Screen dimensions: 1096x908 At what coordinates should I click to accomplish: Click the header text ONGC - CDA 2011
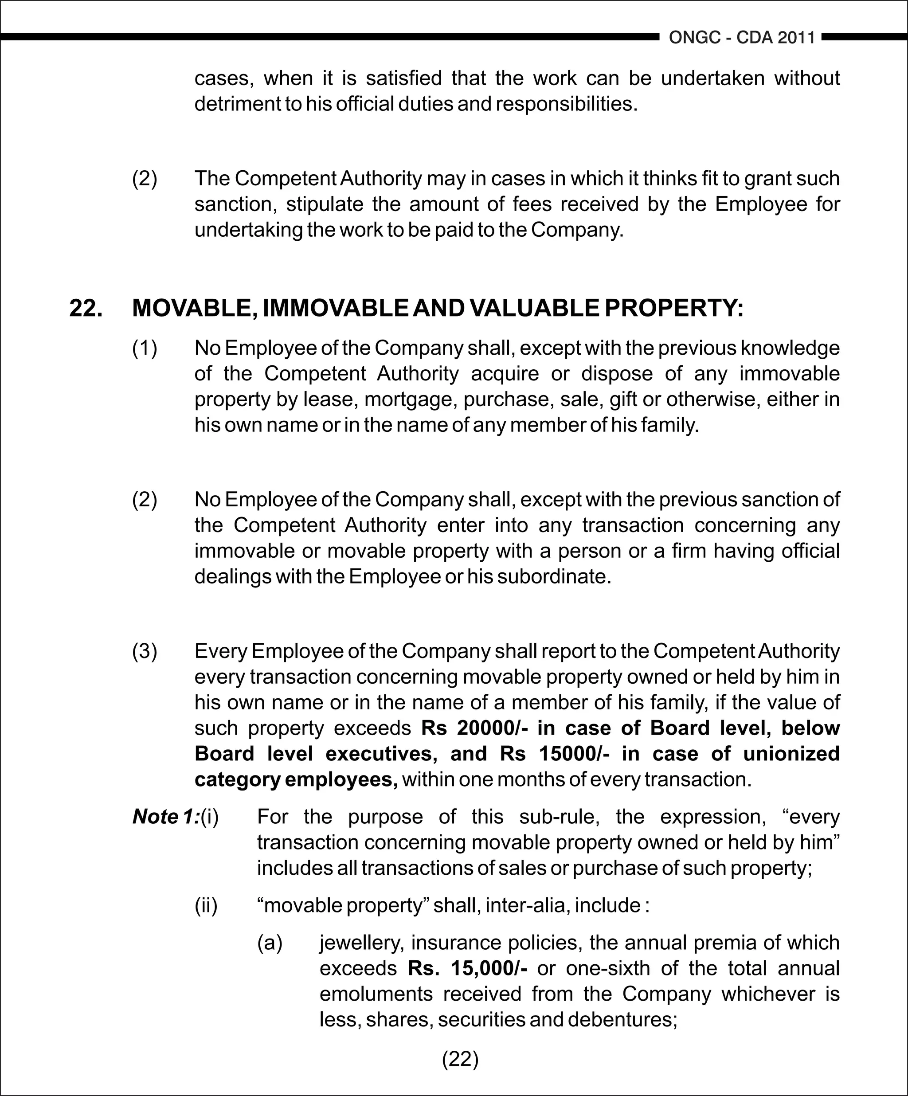tap(742, 38)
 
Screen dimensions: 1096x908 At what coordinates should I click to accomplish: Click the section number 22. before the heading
tap(86, 308)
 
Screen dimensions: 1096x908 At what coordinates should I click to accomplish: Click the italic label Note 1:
tap(166, 817)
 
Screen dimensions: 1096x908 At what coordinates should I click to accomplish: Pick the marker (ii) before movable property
tap(206, 905)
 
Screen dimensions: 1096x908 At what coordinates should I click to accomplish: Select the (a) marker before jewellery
tap(270, 943)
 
